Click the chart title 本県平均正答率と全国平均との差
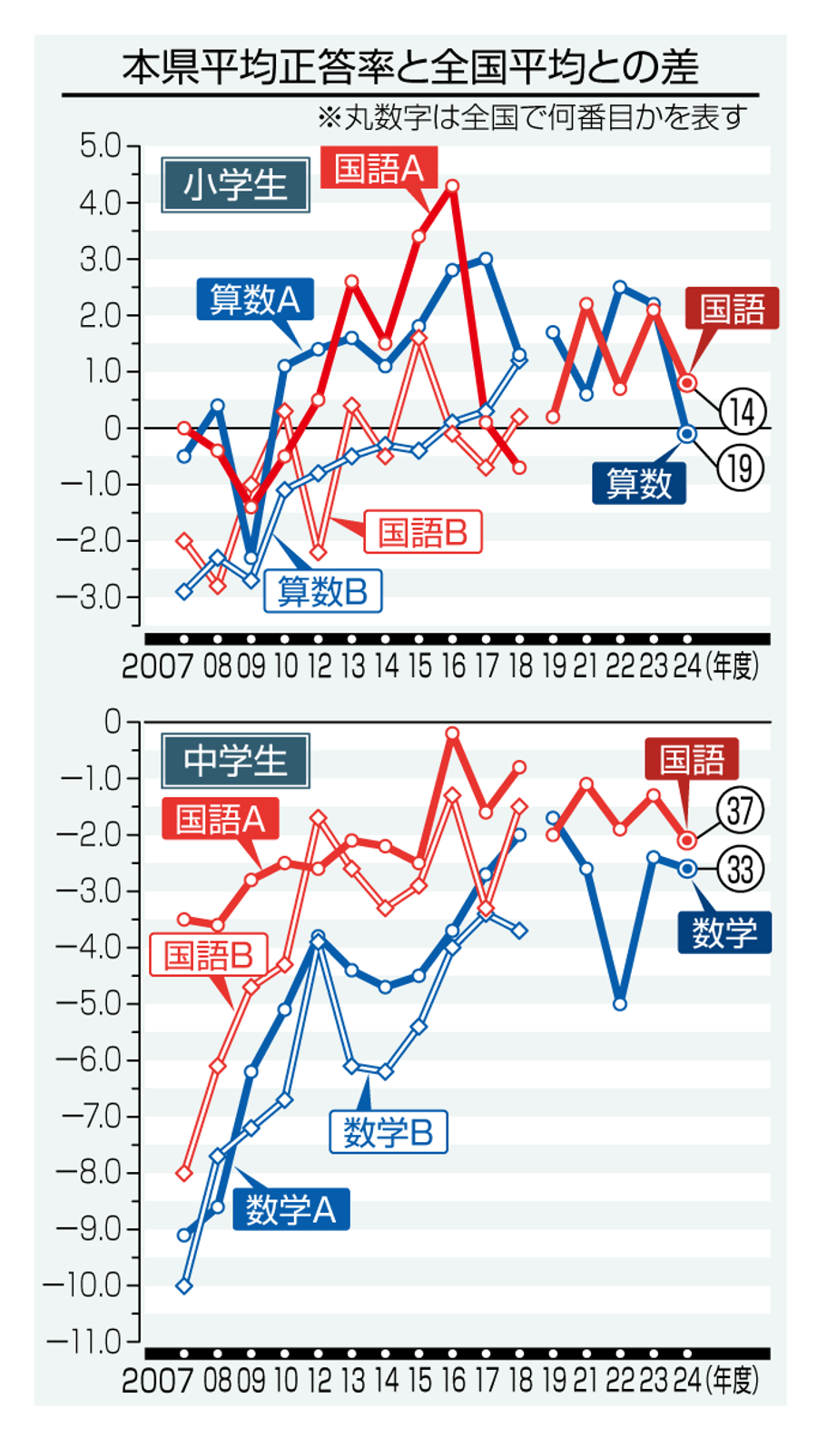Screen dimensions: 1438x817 point(410,67)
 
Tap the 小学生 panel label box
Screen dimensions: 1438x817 point(235,185)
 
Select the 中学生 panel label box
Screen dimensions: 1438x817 point(235,760)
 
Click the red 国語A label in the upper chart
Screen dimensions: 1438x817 point(379,169)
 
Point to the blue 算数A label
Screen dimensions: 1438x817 point(255,300)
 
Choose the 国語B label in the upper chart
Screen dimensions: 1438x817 point(423,533)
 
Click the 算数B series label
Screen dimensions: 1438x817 point(323,592)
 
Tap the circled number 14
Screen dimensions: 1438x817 point(743,412)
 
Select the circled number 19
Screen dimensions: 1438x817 point(741,468)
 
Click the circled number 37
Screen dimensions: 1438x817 point(740,810)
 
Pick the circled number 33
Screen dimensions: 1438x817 point(740,870)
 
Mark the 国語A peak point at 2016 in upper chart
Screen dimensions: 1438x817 point(452,186)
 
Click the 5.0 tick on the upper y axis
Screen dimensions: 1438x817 point(100,146)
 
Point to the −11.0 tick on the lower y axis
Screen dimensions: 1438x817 point(84,1342)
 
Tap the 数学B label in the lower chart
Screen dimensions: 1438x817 point(389,1132)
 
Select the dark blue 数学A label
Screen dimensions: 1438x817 point(291,1209)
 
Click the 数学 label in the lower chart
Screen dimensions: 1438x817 point(724,932)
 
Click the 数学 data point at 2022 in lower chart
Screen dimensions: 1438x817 point(620,1004)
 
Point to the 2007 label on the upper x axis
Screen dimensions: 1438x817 point(158,666)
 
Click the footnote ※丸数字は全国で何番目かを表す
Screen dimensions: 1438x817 point(532,117)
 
